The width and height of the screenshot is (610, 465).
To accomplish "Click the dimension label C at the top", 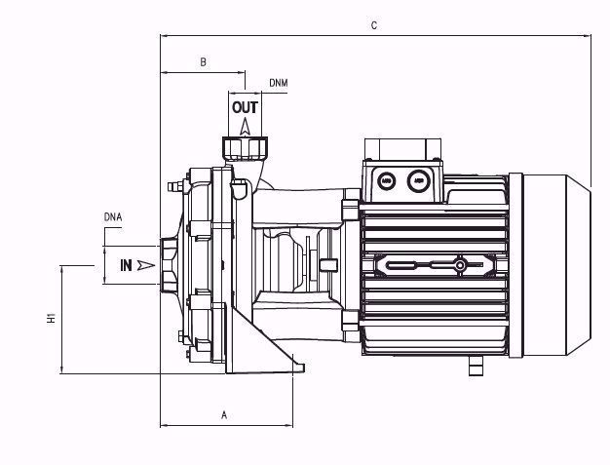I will pos(374,25).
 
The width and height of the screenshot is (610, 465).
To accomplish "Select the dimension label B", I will pos(203,62).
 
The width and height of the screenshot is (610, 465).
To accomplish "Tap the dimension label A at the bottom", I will pos(224,414).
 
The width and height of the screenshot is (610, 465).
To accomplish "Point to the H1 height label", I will pos(50,318).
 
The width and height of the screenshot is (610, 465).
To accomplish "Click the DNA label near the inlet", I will pos(113,215).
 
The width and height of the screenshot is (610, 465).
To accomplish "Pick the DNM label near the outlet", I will pos(278,84).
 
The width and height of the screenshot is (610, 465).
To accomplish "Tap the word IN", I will pos(126,264).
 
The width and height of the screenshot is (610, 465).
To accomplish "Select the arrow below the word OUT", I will pos(246,125).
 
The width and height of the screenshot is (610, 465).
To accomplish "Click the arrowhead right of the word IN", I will pos(146,264).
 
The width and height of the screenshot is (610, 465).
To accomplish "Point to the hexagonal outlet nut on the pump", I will pos(246,149).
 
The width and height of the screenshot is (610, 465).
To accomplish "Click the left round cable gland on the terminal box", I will pos(387,179).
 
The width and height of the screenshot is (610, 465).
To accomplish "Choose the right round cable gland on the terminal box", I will pos(419,179).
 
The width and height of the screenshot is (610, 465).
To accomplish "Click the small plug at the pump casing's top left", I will pos(174,183).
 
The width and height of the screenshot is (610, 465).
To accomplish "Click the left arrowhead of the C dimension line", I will pos(165,36).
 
